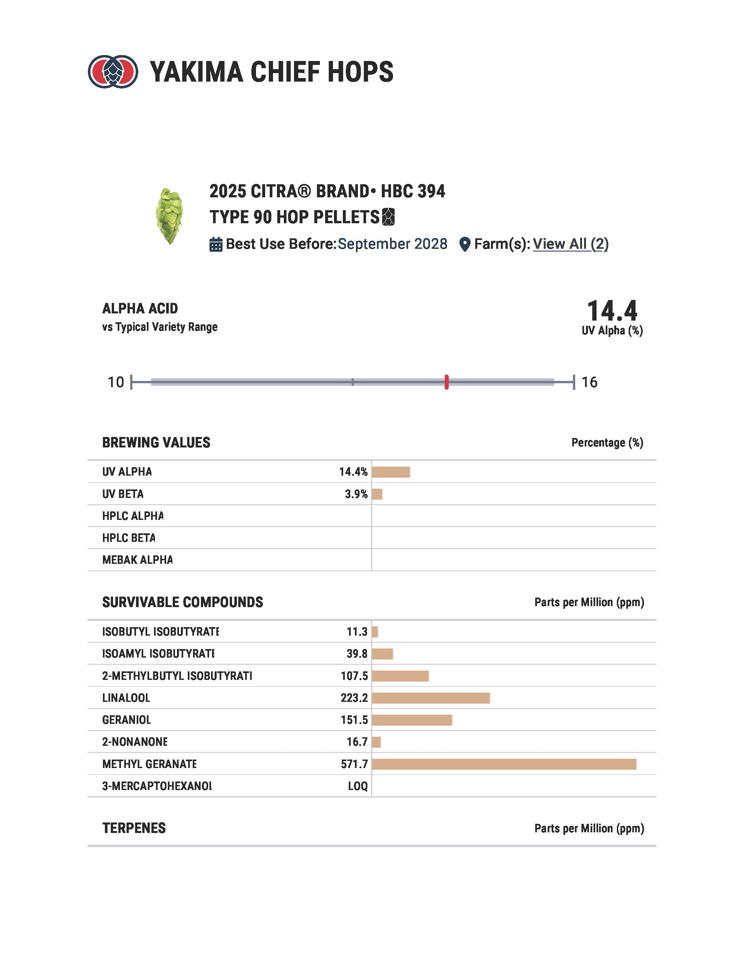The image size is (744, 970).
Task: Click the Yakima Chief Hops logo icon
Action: (112, 71)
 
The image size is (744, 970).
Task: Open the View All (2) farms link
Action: (570, 244)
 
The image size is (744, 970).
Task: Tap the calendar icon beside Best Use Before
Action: (216, 245)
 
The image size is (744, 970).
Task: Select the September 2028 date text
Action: (392, 244)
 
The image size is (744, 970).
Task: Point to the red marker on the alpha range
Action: (446, 382)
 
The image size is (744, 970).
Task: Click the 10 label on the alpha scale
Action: (116, 382)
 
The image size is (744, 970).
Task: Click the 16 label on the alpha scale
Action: (589, 382)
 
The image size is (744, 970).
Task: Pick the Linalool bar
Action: (431, 698)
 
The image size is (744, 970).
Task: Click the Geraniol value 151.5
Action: (354, 720)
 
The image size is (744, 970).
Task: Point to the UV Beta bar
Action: (377, 494)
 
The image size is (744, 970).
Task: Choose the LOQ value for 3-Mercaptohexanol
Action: (358, 786)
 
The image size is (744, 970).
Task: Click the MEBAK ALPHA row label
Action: (137, 560)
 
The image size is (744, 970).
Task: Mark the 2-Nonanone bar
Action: (377, 742)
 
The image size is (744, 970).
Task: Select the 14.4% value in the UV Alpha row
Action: (353, 472)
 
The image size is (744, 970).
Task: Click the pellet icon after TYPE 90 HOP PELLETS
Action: (388, 217)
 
